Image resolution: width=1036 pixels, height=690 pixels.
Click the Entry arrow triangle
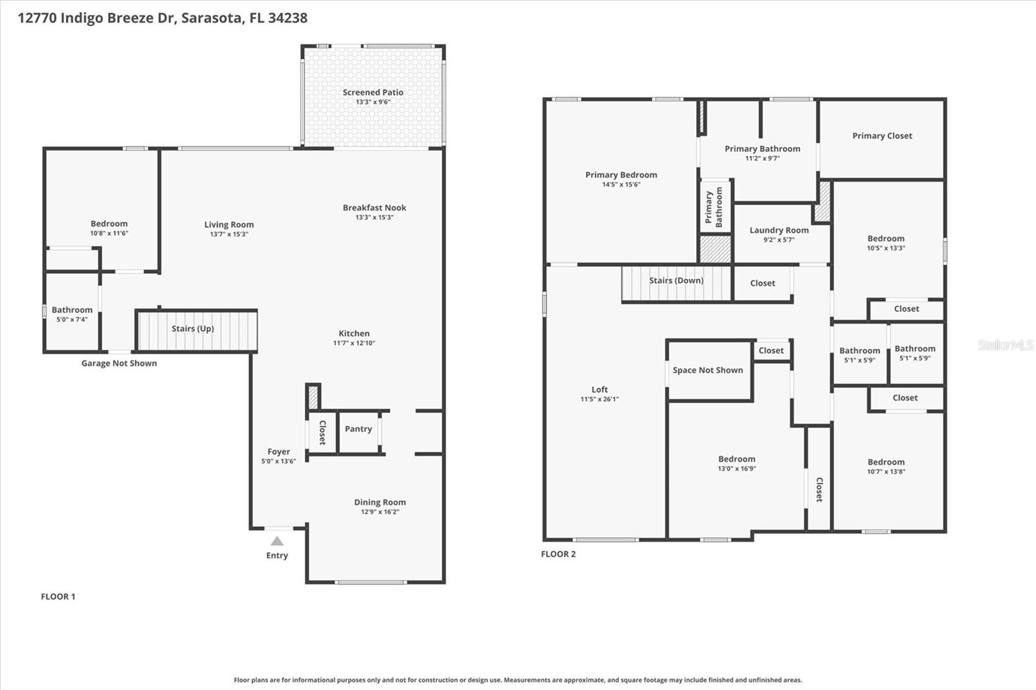(x=277, y=541)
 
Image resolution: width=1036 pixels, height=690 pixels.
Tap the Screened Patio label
(x=373, y=93)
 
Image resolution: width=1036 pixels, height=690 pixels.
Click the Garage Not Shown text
(x=119, y=363)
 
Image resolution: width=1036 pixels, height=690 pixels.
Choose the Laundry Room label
(x=779, y=230)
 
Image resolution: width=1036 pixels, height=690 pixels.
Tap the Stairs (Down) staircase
(x=676, y=284)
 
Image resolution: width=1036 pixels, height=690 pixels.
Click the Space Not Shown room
(x=708, y=370)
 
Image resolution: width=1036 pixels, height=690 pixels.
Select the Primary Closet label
(x=882, y=136)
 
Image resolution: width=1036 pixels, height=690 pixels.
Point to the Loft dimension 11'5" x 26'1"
(x=600, y=399)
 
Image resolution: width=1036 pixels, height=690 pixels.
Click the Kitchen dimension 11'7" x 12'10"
(x=354, y=343)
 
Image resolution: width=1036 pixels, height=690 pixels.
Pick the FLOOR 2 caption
(x=558, y=554)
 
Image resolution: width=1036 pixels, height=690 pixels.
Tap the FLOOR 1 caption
(x=58, y=597)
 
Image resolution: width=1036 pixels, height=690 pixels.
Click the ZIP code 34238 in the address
(x=287, y=18)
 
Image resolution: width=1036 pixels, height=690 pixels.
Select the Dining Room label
(x=380, y=502)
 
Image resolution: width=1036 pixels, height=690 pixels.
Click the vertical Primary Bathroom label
(x=714, y=206)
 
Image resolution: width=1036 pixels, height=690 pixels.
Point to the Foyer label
(x=278, y=452)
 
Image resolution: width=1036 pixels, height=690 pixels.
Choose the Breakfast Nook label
(x=374, y=208)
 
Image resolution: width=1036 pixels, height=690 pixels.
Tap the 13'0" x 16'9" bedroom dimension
(x=737, y=469)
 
